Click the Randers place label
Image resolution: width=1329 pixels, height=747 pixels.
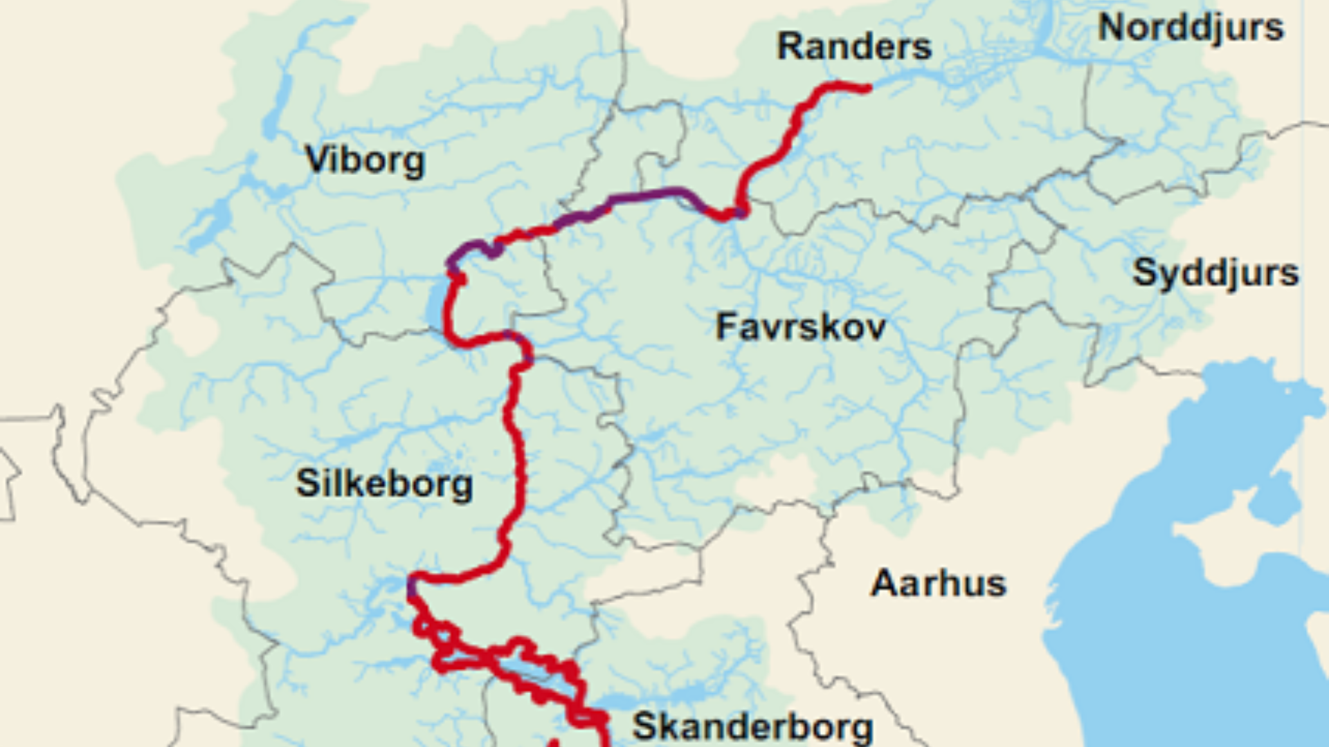pyautogui.click(x=854, y=47)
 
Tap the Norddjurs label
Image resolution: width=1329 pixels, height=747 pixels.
pyautogui.click(x=1191, y=28)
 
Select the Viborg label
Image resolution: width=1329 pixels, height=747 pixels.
pyautogui.click(x=365, y=160)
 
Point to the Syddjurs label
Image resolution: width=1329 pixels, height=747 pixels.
pyautogui.click(x=1215, y=273)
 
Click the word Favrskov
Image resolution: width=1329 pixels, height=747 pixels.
pyautogui.click(x=800, y=326)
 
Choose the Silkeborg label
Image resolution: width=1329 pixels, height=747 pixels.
pyautogui.click(x=384, y=483)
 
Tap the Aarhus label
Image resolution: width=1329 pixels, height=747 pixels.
pyautogui.click(x=938, y=583)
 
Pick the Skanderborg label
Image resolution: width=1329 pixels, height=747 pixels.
pyautogui.click(x=752, y=726)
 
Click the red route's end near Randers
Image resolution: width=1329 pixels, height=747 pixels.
pyautogui.click(x=867, y=88)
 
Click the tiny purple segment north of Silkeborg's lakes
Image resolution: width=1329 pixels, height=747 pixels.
pyautogui.click(x=413, y=588)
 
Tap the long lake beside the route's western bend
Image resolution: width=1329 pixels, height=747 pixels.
pyautogui.click(x=435, y=304)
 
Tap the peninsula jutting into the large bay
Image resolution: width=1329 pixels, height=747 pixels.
pyautogui.click(x=1218, y=546)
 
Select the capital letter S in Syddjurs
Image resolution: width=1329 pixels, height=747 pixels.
pyautogui.click(x=1143, y=272)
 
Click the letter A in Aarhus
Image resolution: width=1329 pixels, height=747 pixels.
pyautogui.click(x=884, y=583)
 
